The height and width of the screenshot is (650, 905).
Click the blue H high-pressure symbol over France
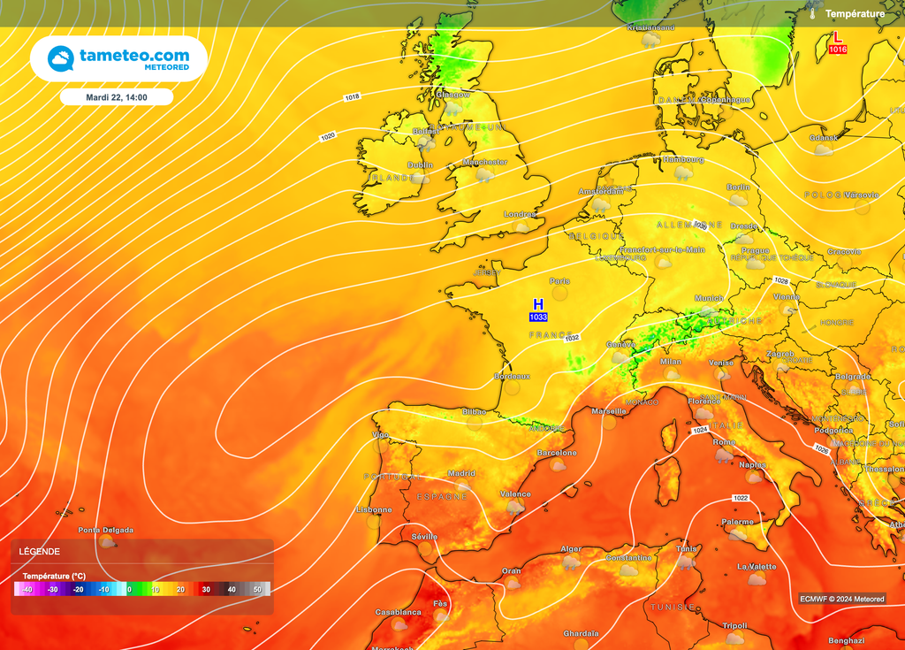(538, 304)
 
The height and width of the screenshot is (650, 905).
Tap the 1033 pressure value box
(538, 317)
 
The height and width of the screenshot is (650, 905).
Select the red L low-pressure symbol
(838, 38)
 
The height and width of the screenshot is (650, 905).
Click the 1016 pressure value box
(838, 50)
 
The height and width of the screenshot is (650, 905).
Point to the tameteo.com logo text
(134, 56)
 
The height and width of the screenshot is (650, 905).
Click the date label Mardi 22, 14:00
(117, 97)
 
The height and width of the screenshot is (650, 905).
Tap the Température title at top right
(855, 13)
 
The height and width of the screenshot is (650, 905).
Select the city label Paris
(559, 281)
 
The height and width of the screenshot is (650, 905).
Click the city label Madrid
(461, 473)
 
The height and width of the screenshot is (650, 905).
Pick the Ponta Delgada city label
(106, 530)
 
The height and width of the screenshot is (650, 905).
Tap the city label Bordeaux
(512, 376)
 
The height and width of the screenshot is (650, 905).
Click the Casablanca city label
(398, 612)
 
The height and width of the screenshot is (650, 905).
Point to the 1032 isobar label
(572, 338)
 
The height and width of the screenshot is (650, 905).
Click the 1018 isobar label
(352, 96)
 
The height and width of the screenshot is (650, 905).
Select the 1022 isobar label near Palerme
(741, 499)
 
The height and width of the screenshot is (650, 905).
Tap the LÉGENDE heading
(40, 551)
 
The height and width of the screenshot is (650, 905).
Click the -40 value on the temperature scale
(27, 589)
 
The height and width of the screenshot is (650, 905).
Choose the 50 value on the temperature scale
(257, 589)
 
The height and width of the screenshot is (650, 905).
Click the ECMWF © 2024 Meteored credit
(841, 599)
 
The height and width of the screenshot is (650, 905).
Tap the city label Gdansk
(823, 138)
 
